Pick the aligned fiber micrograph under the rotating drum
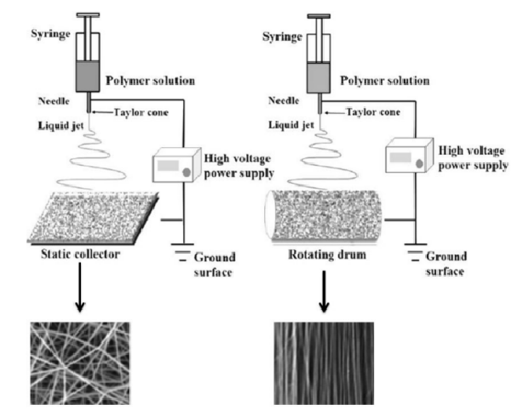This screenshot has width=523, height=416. tap(323, 362)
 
